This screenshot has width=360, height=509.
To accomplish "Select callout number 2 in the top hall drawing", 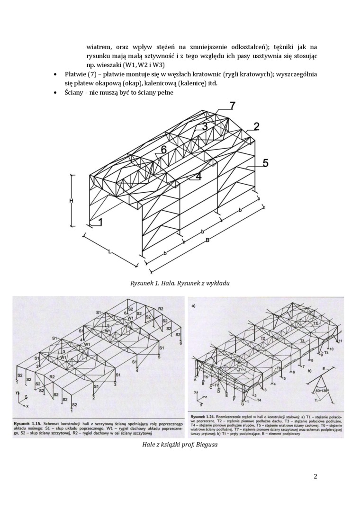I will click(x=256, y=126).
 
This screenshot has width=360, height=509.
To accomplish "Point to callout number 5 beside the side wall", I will click(x=266, y=163).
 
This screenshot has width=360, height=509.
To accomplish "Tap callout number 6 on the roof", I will click(x=163, y=150).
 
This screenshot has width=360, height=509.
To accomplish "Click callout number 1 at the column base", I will click(x=100, y=221).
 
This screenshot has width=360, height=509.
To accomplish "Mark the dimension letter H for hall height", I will click(x=71, y=201).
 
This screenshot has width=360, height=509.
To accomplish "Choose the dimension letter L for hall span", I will click(x=110, y=252).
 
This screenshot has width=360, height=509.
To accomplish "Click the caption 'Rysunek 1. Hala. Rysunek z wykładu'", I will click(x=180, y=283).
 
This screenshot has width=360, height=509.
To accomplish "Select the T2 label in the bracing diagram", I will click(x=262, y=339).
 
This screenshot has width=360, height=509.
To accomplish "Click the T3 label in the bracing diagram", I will click(x=302, y=341).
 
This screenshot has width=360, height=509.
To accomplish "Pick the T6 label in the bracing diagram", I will click(x=279, y=368).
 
